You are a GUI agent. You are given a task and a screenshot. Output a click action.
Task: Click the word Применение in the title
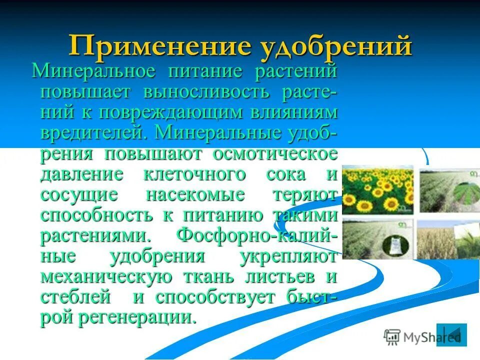(x=162, y=46)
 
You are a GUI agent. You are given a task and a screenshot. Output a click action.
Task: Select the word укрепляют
(x=288, y=256)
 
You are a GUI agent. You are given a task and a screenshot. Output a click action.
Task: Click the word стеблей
(x=75, y=297)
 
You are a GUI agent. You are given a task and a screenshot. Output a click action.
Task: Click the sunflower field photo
(x=378, y=190)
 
